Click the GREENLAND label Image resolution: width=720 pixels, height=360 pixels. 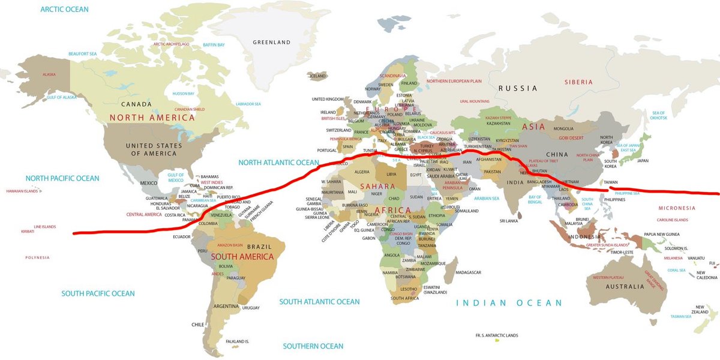[271, 43]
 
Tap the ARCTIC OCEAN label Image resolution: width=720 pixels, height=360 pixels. [64, 10]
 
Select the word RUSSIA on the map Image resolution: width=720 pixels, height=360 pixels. [517, 88]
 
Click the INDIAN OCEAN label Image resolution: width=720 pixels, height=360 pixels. [509, 303]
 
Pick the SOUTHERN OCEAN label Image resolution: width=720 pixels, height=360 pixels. [313, 346]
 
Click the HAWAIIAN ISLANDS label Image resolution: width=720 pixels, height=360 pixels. [22, 191]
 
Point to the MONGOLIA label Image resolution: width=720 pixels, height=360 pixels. [563, 129]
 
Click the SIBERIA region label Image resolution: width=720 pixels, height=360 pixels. [578, 82]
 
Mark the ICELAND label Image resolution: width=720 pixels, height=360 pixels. [317, 76]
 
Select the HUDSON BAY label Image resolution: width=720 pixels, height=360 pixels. [183, 94]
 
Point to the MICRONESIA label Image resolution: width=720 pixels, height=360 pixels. [676, 208]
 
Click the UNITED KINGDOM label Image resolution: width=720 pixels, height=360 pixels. [328, 99]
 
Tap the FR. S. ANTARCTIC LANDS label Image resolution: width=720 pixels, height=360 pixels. [496, 335]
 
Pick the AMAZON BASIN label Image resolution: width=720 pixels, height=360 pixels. [230, 245]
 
